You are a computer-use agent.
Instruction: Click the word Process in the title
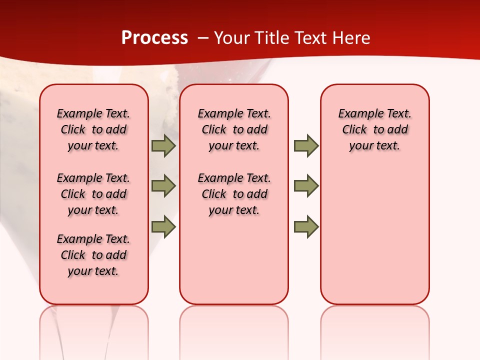pyautogui.click(x=154, y=37)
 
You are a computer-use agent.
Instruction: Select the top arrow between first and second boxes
pyautogui.click(x=163, y=145)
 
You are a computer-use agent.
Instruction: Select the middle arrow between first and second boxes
pyautogui.click(x=163, y=186)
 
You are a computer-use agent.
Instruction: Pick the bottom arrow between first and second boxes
pyautogui.click(x=163, y=226)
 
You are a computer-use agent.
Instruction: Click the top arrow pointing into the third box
pyautogui.click(x=306, y=145)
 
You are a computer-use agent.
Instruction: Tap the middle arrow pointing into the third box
pyautogui.click(x=306, y=186)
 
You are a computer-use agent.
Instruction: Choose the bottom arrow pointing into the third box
pyautogui.click(x=306, y=226)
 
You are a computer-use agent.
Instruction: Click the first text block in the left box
pyautogui.click(x=93, y=129)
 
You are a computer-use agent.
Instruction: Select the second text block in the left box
pyautogui.click(x=93, y=194)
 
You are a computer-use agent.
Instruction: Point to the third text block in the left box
pyautogui.click(x=93, y=255)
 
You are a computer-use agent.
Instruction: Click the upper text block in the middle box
pyautogui.click(x=234, y=129)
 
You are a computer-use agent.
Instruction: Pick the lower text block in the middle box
pyautogui.click(x=234, y=194)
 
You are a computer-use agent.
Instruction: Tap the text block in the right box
pyautogui.click(x=374, y=129)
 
